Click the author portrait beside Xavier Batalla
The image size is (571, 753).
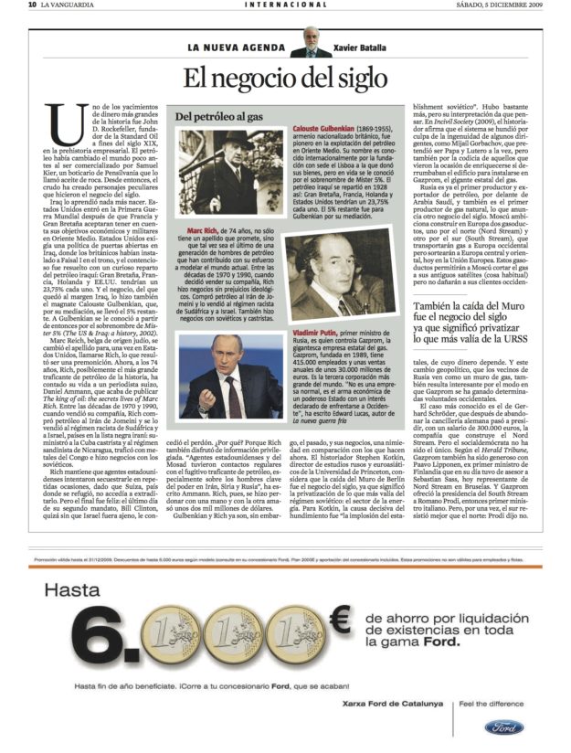click(311, 42)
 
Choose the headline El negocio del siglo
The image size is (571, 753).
click(283, 78)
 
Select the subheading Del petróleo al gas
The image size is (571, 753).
click(219, 117)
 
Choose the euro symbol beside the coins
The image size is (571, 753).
click(341, 621)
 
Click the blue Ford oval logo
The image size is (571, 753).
click(503, 727)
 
